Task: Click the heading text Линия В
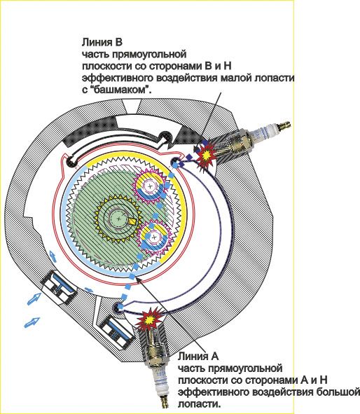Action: click(x=102, y=42)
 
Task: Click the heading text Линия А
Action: click(x=198, y=357)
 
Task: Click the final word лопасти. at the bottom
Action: click(x=200, y=404)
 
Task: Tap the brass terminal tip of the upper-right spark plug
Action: click(x=284, y=125)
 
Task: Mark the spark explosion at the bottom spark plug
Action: click(x=149, y=319)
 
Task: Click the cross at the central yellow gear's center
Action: click(x=119, y=219)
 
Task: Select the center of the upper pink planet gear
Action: click(x=150, y=186)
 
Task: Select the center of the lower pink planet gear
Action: click(x=153, y=237)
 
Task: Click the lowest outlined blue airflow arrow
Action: click(x=32, y=322)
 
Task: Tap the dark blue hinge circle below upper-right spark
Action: click(x=174, y=162)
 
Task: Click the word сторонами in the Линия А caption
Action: click(x=271, y=380)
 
